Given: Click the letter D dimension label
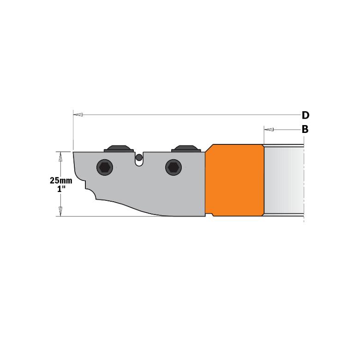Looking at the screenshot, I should [305, 115].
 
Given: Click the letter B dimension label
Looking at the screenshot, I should [305, 129].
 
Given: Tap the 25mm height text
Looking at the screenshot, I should [61, 181].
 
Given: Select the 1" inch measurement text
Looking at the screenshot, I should [61, 189].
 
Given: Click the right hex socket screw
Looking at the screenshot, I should [173, 168].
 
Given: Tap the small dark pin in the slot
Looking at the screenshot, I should [138, 157].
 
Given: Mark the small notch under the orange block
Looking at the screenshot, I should [210, 215].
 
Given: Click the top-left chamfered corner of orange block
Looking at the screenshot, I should [209, 148].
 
